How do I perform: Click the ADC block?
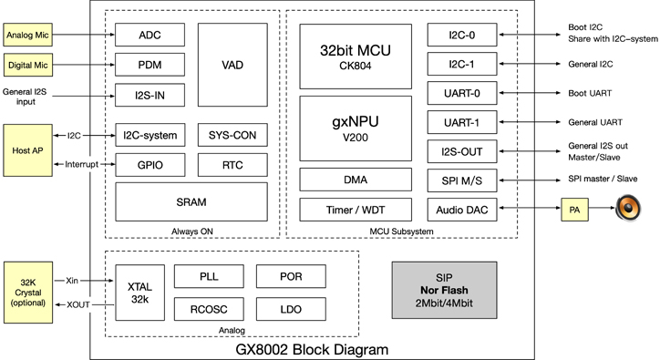point(149,36)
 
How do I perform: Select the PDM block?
point(149,65)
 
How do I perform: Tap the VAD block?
point(232,65)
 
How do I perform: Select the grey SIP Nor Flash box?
point(449,291)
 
